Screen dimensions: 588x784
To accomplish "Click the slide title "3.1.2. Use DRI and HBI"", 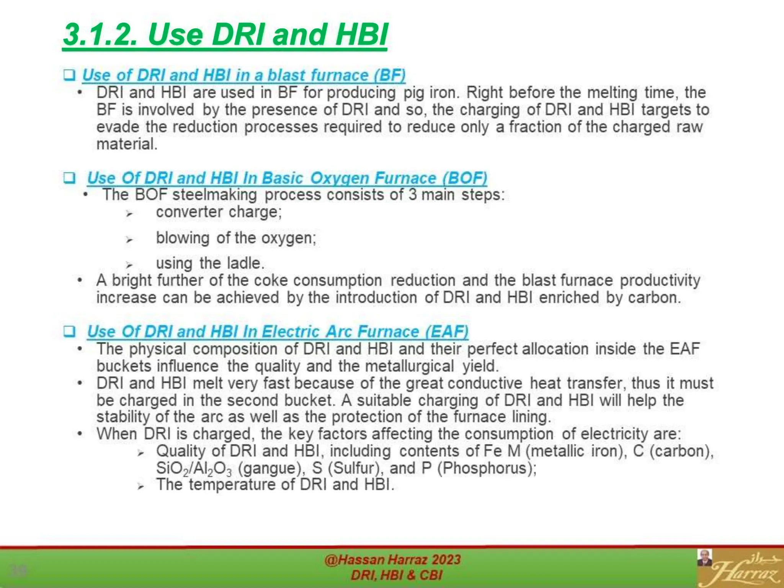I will tap(225, 34).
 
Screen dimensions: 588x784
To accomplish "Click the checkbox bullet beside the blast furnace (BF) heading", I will tap(69, 75).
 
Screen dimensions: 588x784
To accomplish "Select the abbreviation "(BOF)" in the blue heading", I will tap(464, 178).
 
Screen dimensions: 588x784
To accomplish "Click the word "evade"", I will tap(118, 127).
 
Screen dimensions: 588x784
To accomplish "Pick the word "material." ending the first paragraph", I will tap(127, 144).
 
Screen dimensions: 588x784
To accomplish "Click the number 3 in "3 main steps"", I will tap(412, 195).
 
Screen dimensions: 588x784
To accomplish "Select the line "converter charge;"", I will tap(219, 212).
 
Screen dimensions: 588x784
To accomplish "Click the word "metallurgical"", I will tap(409, 366).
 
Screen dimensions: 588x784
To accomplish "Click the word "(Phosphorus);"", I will tap(487, 468).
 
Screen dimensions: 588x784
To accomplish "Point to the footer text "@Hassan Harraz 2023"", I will tap(393, 560).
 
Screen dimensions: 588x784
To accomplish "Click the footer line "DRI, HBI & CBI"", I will tap(397, 575).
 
